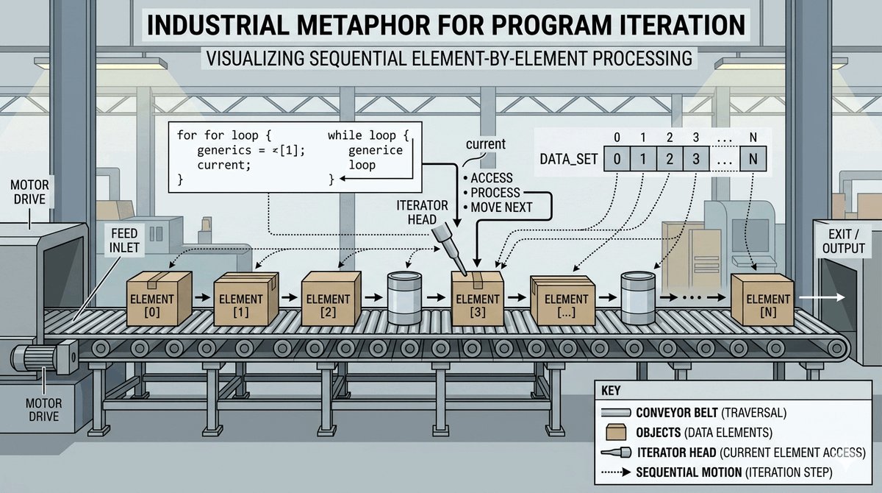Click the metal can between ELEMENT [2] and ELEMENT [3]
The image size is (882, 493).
point(404,299)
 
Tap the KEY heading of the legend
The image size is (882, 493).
point(612,391)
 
